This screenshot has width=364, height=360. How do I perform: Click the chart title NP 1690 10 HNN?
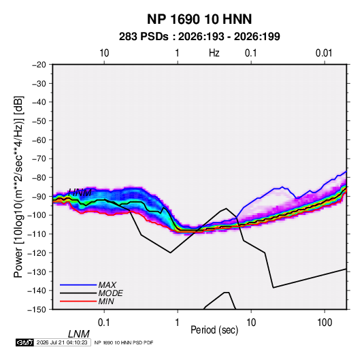[x=199, y=19]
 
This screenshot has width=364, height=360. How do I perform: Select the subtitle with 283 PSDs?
[x=199, y=37]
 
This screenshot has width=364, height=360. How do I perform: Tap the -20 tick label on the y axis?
[x=39, y=65]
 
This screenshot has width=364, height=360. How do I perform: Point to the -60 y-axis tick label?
[x=39, y=140]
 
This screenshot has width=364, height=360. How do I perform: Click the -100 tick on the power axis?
[x=37, y=215]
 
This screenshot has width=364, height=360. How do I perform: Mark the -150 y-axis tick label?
[x=37, y=310]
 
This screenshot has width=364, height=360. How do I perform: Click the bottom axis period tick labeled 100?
[x=325, y=323]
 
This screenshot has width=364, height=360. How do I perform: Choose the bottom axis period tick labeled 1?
[x=178, y=323]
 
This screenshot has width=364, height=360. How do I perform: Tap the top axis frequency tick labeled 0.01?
[x=324, y=53]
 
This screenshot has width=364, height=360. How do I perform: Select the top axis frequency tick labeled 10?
[x=104, y=53]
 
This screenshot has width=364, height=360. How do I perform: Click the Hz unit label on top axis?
[x=214, y=53]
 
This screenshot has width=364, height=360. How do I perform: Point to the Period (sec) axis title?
[x=214, y=330]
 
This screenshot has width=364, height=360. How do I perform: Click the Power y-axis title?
[x=18, y=187]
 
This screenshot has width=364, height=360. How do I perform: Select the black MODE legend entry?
[x=91, y=293]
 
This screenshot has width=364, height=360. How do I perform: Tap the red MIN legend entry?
[x=87, y=301]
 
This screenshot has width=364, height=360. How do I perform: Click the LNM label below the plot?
[x=79, y=334]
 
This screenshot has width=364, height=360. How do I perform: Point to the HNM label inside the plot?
[x=80, y=193]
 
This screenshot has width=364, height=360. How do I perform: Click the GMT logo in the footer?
[x=24, y=342]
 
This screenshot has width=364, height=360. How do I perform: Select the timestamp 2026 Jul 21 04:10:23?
[x=62, y=342]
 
